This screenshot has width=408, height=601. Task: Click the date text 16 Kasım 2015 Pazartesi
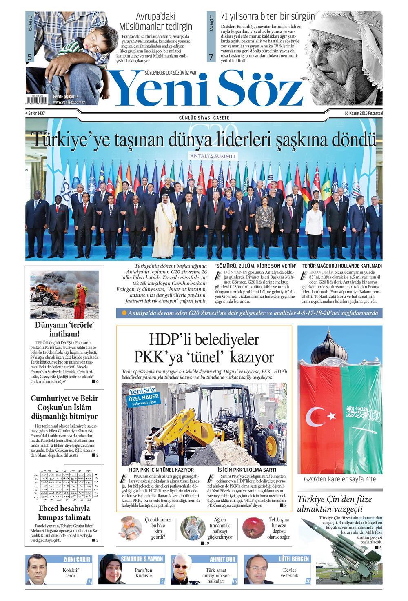pos(364,113)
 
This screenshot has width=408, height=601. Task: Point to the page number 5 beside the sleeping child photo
pos(30,58)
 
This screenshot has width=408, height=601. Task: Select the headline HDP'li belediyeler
pos(204,339)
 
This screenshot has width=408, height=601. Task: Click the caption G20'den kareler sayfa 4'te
pos(340,479)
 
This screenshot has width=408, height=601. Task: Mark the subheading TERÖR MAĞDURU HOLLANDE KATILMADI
pos(342,266)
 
